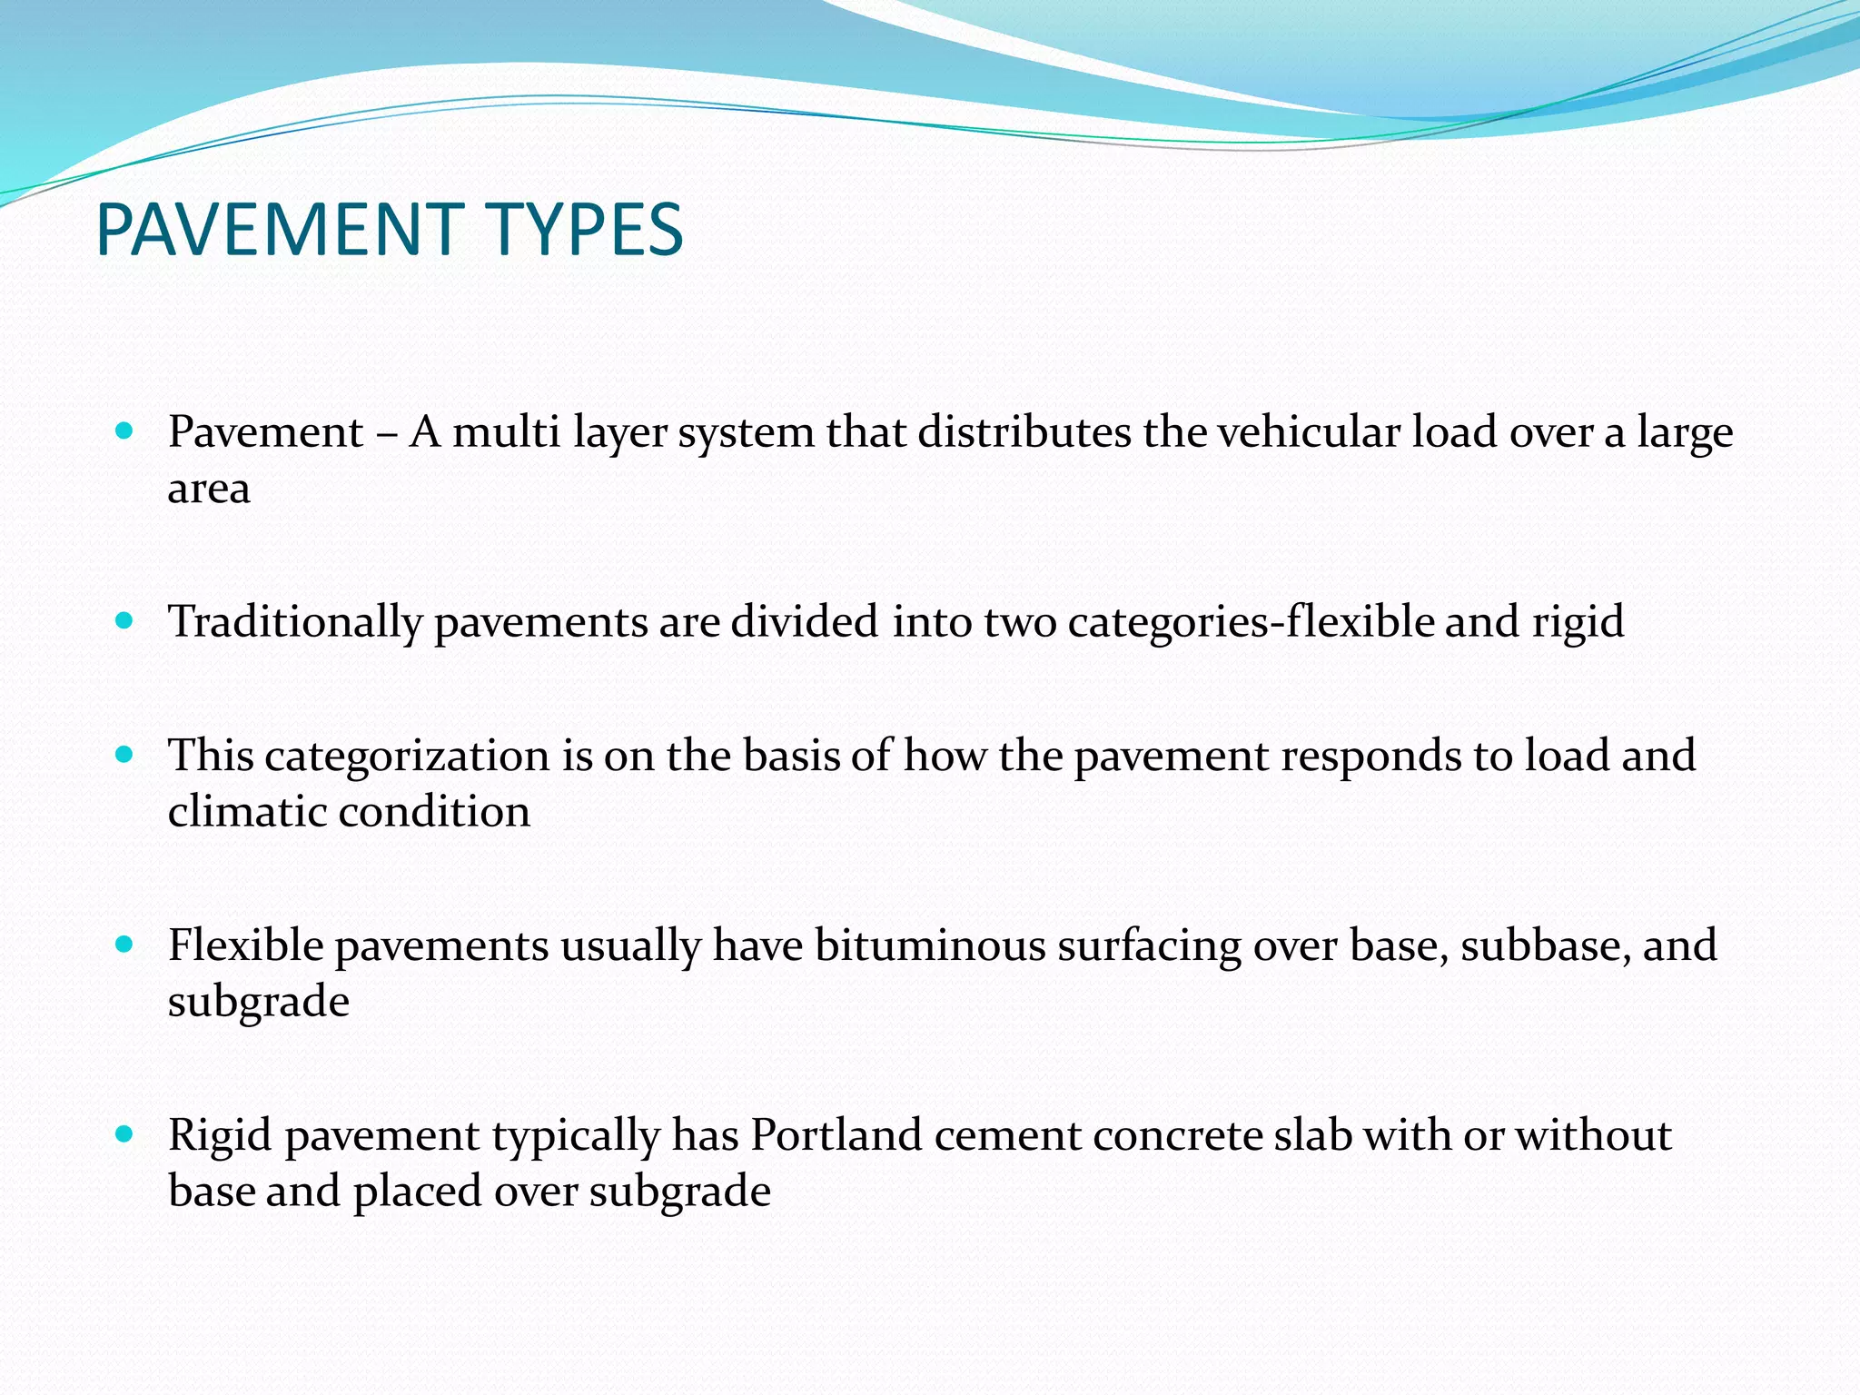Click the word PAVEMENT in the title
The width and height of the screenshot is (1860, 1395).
coord(277,230)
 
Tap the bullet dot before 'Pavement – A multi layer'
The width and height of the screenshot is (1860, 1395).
coord(125,430)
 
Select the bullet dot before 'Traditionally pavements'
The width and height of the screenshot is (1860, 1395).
coord(125,620)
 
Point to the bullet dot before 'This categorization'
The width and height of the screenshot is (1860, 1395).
coord(125,754)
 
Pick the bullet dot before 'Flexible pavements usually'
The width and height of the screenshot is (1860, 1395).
coord(125,945)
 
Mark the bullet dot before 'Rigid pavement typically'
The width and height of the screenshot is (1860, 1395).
coord(125,1133)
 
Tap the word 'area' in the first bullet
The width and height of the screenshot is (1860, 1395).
coord(209,489)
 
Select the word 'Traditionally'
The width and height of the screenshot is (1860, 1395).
coord(296,623)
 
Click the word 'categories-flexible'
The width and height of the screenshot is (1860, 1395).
coord(1250,622)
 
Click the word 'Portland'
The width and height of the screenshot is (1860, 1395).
coord(836,1135)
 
